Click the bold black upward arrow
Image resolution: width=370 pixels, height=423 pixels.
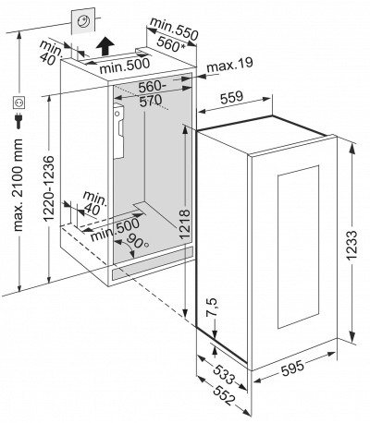[105, 46]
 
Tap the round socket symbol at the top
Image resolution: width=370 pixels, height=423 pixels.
[83, 21]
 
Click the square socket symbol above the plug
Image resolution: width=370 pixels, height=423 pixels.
[19, 103]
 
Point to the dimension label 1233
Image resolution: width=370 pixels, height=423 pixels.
[351, 246]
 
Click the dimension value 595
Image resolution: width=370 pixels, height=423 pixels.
[292, 368]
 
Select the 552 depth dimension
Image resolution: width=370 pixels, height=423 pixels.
[224, 396]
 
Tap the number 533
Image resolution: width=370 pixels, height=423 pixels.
[224, 374]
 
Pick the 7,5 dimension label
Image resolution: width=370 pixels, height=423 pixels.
[212, 308]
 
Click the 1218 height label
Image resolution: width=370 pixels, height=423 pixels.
[184, 224]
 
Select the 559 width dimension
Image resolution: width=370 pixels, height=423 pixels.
[232, 97]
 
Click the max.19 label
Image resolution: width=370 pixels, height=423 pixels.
[229, 65]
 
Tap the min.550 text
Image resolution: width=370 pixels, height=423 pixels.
[174, 29]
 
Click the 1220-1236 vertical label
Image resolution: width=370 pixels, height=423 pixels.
[49, 188]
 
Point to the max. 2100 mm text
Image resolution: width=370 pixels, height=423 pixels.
[18, 186]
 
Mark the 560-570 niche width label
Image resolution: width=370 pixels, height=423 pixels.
[151, 93]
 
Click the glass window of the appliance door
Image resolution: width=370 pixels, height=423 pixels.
[298, 248]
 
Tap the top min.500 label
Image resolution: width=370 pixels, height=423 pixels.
[125, 66]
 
